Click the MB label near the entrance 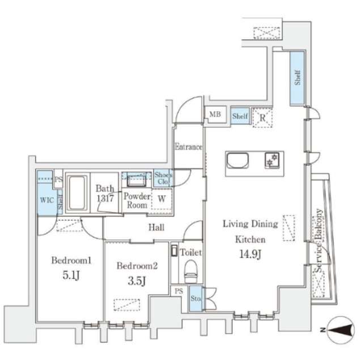pyautogui.click(x=215, y=115)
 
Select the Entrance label pyautogui.click(x=188, y=147)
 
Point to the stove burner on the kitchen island pyautogui.click(x=272, y=161)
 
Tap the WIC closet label pyautogui.click(x=45, y=200)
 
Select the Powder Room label pyautogui.click(x=137, y=201)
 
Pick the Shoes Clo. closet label pyautogui.click(x=163, y=178)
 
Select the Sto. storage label pyautogui.click(x=196, y=299)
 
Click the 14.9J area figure pyautogui.click(x=249, y=254)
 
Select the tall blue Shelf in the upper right pyautogui.click(x=297, y=78)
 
